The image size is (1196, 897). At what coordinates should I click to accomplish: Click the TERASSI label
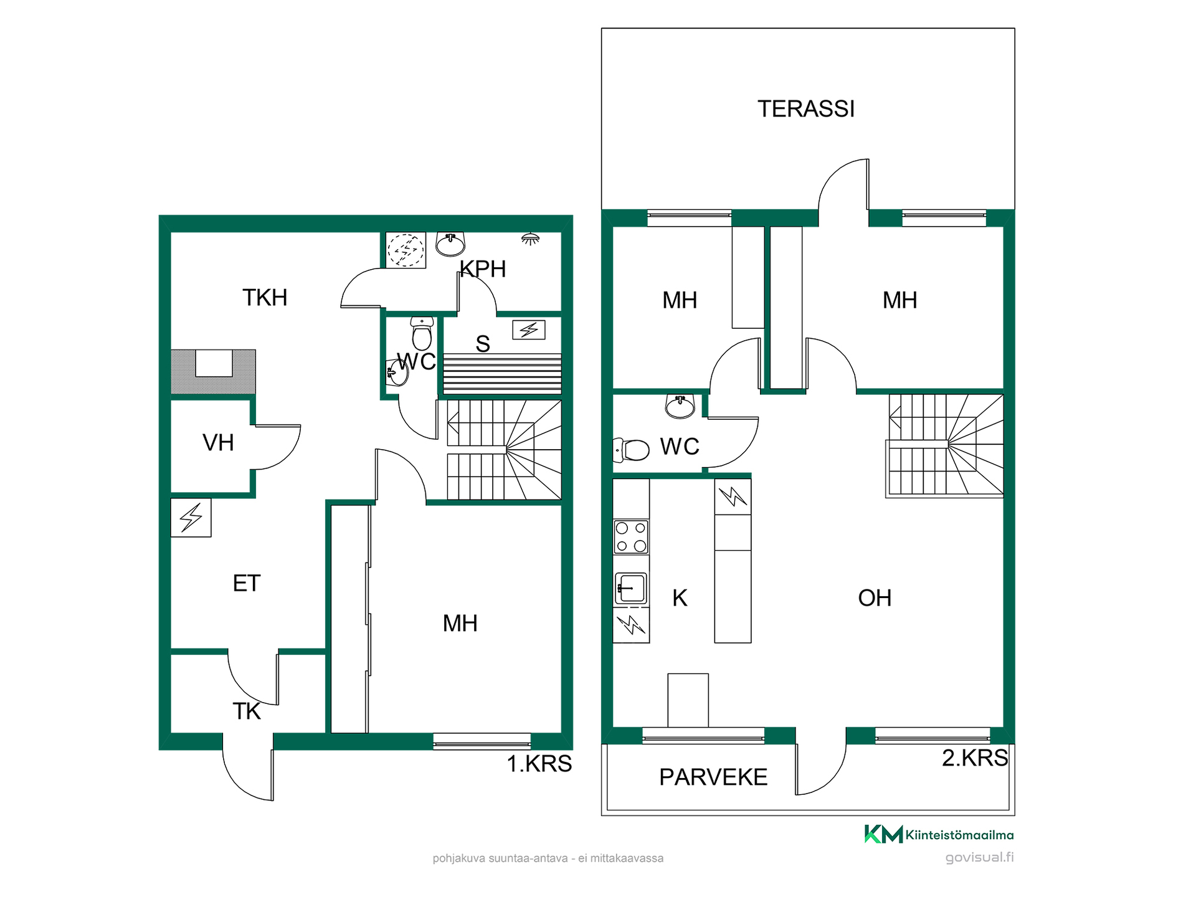click(x=806, y=109)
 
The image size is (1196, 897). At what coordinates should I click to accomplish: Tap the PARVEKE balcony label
click(x=713, y=777)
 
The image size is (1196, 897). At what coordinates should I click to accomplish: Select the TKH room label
click(x=265, y=298)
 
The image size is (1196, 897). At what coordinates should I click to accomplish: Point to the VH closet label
click(x=218, y=443)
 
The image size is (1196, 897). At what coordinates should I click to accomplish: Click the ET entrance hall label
click(x=246, y=584)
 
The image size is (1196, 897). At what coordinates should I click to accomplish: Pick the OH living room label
click(x=875, y=598)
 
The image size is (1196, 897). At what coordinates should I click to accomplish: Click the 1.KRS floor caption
click(x=539, y=764)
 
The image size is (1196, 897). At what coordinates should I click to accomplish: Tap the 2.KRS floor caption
click(x=975, y=758)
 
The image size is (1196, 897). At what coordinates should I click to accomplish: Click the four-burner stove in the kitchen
click(x=631, y=537)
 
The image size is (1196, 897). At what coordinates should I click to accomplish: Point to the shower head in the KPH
click(x=530, y=239)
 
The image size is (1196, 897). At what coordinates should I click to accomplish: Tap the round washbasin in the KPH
click(x=450, y=244)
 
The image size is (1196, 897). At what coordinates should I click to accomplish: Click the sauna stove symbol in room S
click(x=529, y=330)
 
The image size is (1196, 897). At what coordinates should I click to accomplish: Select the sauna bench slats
click(x=502, y=374)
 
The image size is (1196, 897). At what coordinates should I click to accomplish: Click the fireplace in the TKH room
click(x=213, y=371)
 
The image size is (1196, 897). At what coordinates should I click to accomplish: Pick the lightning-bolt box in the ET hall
click(x=191, y=518)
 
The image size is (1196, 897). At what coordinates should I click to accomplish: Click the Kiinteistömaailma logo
click(x=939, y=834)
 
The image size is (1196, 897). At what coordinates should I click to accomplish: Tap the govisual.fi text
click(x=979, y=858)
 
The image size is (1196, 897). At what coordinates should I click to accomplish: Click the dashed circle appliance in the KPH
click(x=406, y=250)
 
